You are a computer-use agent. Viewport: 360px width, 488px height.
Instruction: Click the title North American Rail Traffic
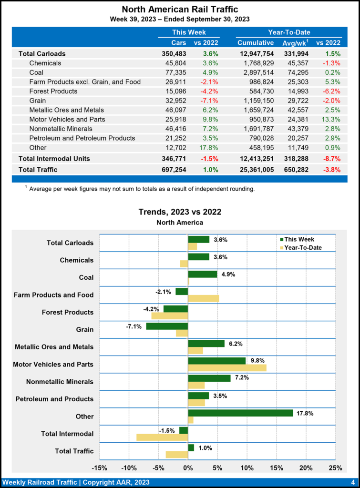pos(180,9)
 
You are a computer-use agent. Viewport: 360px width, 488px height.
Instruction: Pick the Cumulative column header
pos(256,43)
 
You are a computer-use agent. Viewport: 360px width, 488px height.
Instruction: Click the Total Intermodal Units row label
pos(54,158)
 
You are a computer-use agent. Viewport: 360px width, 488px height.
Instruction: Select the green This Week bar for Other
pos(240,413)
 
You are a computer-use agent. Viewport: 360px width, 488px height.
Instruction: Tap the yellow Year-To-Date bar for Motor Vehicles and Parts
pos(227,367)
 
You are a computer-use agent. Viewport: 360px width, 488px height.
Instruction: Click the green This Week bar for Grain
pos(167,326)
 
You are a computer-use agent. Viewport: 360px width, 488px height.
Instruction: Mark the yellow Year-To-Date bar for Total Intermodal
pos(162,437)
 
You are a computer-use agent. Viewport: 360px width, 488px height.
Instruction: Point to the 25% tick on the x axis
pos(335,468)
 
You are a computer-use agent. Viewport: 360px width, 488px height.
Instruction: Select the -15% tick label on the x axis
pos(99,468)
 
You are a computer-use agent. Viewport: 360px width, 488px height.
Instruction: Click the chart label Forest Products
pos(67,312)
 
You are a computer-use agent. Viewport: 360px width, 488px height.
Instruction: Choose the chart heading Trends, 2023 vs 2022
pos(180,212)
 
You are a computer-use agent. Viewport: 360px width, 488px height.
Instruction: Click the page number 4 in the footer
pos(352,481)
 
